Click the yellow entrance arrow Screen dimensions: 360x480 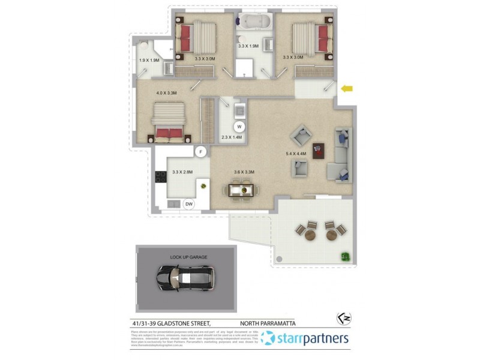click(347, 89)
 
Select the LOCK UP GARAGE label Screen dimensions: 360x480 click(188, 257)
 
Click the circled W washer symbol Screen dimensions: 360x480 click(239, 127)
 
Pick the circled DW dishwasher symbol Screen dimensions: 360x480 click(189, 204)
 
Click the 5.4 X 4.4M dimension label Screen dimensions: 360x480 click(296, 154)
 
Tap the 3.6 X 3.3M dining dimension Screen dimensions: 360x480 click(244, 172)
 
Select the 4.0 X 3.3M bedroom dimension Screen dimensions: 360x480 click(166, 93)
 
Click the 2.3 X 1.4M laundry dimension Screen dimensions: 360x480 click(231, 138)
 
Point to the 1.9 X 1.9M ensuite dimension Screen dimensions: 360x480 click(148, 60)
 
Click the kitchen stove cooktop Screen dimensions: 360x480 click(161, 176)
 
